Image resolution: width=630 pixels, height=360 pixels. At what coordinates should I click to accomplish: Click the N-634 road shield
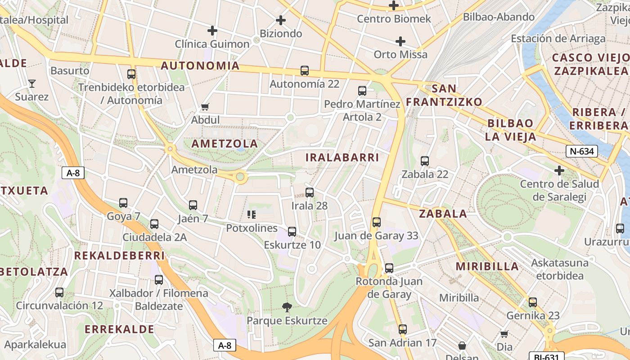[581, 151]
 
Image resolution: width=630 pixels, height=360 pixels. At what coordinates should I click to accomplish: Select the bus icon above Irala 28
[310, 193]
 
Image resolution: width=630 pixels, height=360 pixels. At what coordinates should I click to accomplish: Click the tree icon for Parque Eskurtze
[287, 307]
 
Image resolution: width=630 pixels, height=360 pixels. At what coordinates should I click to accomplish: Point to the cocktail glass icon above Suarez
[32, 83]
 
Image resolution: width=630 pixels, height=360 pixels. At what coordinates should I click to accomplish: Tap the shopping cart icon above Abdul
[205, 107]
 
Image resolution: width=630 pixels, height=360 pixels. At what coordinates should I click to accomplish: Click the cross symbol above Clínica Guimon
[212, 31]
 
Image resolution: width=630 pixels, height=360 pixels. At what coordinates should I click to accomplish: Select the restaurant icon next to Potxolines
[252, 215]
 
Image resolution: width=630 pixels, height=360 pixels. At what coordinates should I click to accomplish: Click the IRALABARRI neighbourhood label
[342, 157]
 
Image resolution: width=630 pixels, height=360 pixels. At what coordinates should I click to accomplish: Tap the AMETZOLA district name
[225, 144]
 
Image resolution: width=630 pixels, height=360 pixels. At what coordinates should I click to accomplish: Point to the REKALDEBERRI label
[119, 256]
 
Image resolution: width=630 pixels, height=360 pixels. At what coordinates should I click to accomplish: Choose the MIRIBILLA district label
[487, 266]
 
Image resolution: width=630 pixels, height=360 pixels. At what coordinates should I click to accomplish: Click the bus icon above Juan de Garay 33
[377, 222]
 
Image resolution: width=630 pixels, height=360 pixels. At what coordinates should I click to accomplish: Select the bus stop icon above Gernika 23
[533, 302]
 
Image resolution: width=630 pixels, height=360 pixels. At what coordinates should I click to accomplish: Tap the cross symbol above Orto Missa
[400, 41]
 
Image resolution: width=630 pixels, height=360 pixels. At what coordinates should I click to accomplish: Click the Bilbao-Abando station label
[499, 17]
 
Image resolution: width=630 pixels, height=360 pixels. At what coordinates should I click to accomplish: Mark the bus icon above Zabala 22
[425, 161]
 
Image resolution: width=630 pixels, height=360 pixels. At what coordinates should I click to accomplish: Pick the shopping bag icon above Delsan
[462, 346]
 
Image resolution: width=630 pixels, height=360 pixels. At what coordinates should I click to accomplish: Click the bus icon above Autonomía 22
[305, 71]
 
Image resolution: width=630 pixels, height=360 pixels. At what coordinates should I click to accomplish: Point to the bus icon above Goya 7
[123, 203]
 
